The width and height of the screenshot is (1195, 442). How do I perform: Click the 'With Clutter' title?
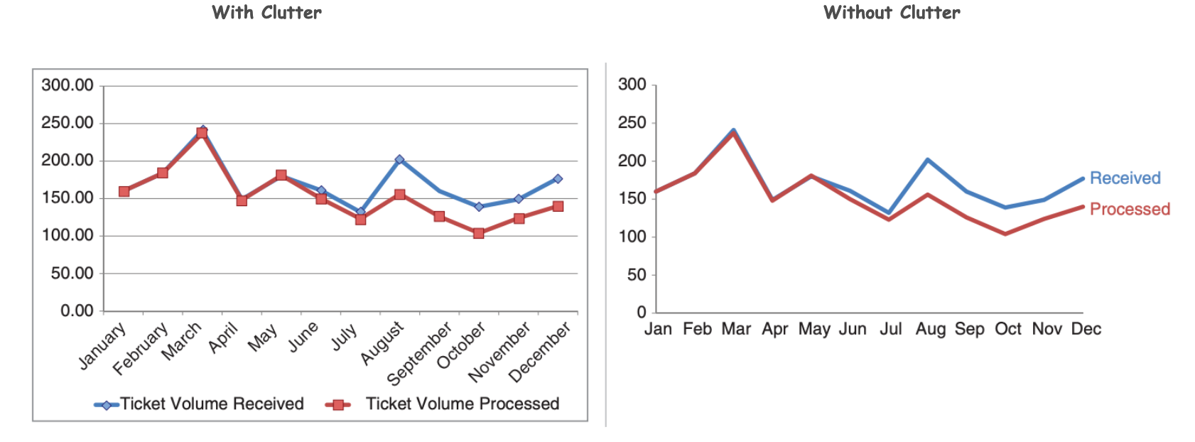[x=266, y=13]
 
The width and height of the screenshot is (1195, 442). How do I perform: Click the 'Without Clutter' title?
[x=892, y=13]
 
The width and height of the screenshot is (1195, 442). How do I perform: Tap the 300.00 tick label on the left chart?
[x=67, y=85]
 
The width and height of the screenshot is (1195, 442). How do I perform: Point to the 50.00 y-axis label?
[x=72, y=273]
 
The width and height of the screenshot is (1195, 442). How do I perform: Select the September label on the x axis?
[x=419, y=352]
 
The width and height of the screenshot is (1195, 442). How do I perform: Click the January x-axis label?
[x=102, y=346]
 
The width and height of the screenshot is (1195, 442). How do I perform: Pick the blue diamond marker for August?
[x=399, y=160]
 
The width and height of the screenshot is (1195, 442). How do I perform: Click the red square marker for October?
[x=479, y=233]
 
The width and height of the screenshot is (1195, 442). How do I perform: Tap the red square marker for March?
[x=202, y=133]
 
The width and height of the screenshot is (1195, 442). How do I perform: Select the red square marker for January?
[x=124, y=191]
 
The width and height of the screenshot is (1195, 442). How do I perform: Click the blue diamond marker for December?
[x=558, y=179]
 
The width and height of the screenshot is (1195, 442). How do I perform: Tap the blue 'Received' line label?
[x=1125, y=178]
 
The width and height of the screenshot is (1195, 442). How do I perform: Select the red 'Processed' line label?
[x=1130, y=209]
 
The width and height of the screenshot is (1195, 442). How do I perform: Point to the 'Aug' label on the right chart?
[x=930, y=329]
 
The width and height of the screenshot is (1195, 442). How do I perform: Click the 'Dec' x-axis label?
[x=1086, y=329]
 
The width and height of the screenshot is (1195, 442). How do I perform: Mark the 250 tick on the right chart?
[x=632, y=123]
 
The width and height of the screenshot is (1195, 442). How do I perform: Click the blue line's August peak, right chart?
[x=928, y=160]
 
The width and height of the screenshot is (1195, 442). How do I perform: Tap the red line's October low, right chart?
[x=1005, y=234]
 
